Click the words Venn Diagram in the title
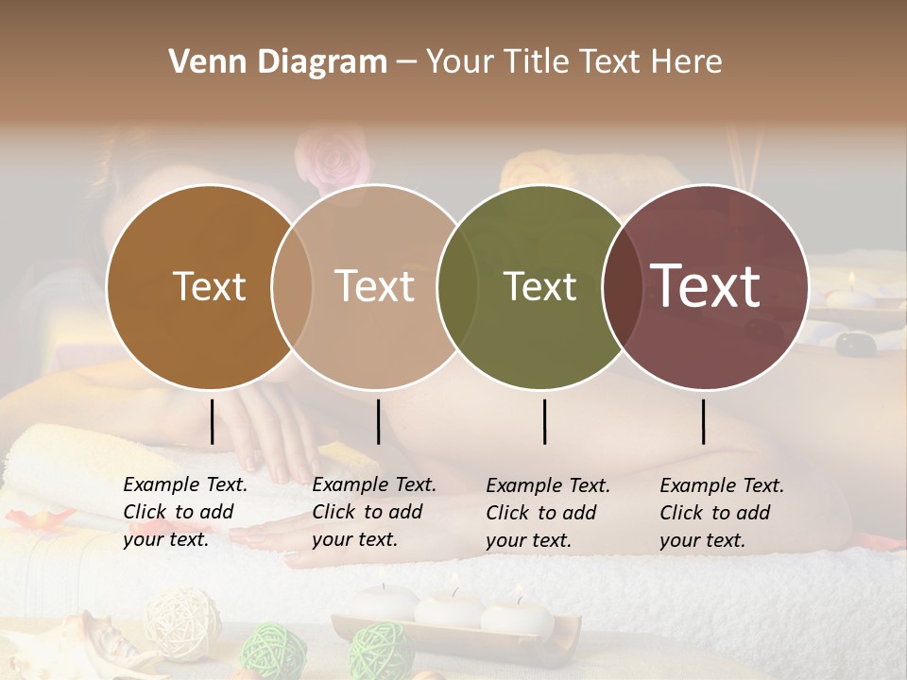278,62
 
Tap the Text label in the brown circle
209,286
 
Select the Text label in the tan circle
374,286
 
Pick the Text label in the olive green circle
539,286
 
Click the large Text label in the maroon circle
705,285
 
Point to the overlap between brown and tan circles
292,286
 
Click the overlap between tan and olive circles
457,286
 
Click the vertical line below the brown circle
212,421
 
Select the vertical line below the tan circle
378,421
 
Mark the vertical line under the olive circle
544,421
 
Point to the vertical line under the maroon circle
703,421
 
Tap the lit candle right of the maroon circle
851,294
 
